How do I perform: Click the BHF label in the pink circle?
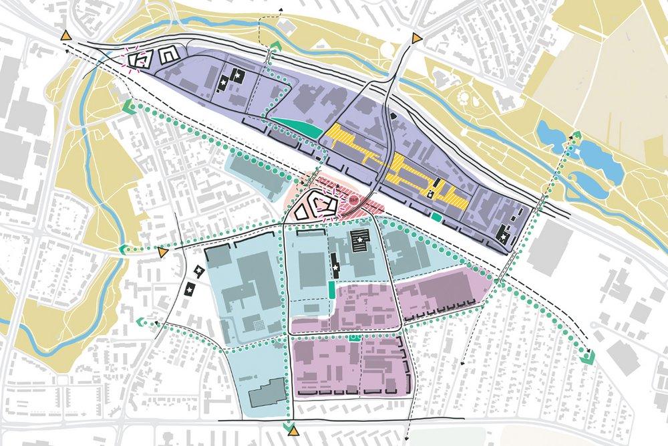click(x=353, y=199)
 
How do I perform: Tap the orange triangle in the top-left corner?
click(x=66, y=35)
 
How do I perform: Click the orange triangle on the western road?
click(x=162, y=252)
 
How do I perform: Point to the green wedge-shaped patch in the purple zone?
click(x=293, y=126)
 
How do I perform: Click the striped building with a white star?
click(x=360, y=241)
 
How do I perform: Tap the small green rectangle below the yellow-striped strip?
click(x=436, y=216)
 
